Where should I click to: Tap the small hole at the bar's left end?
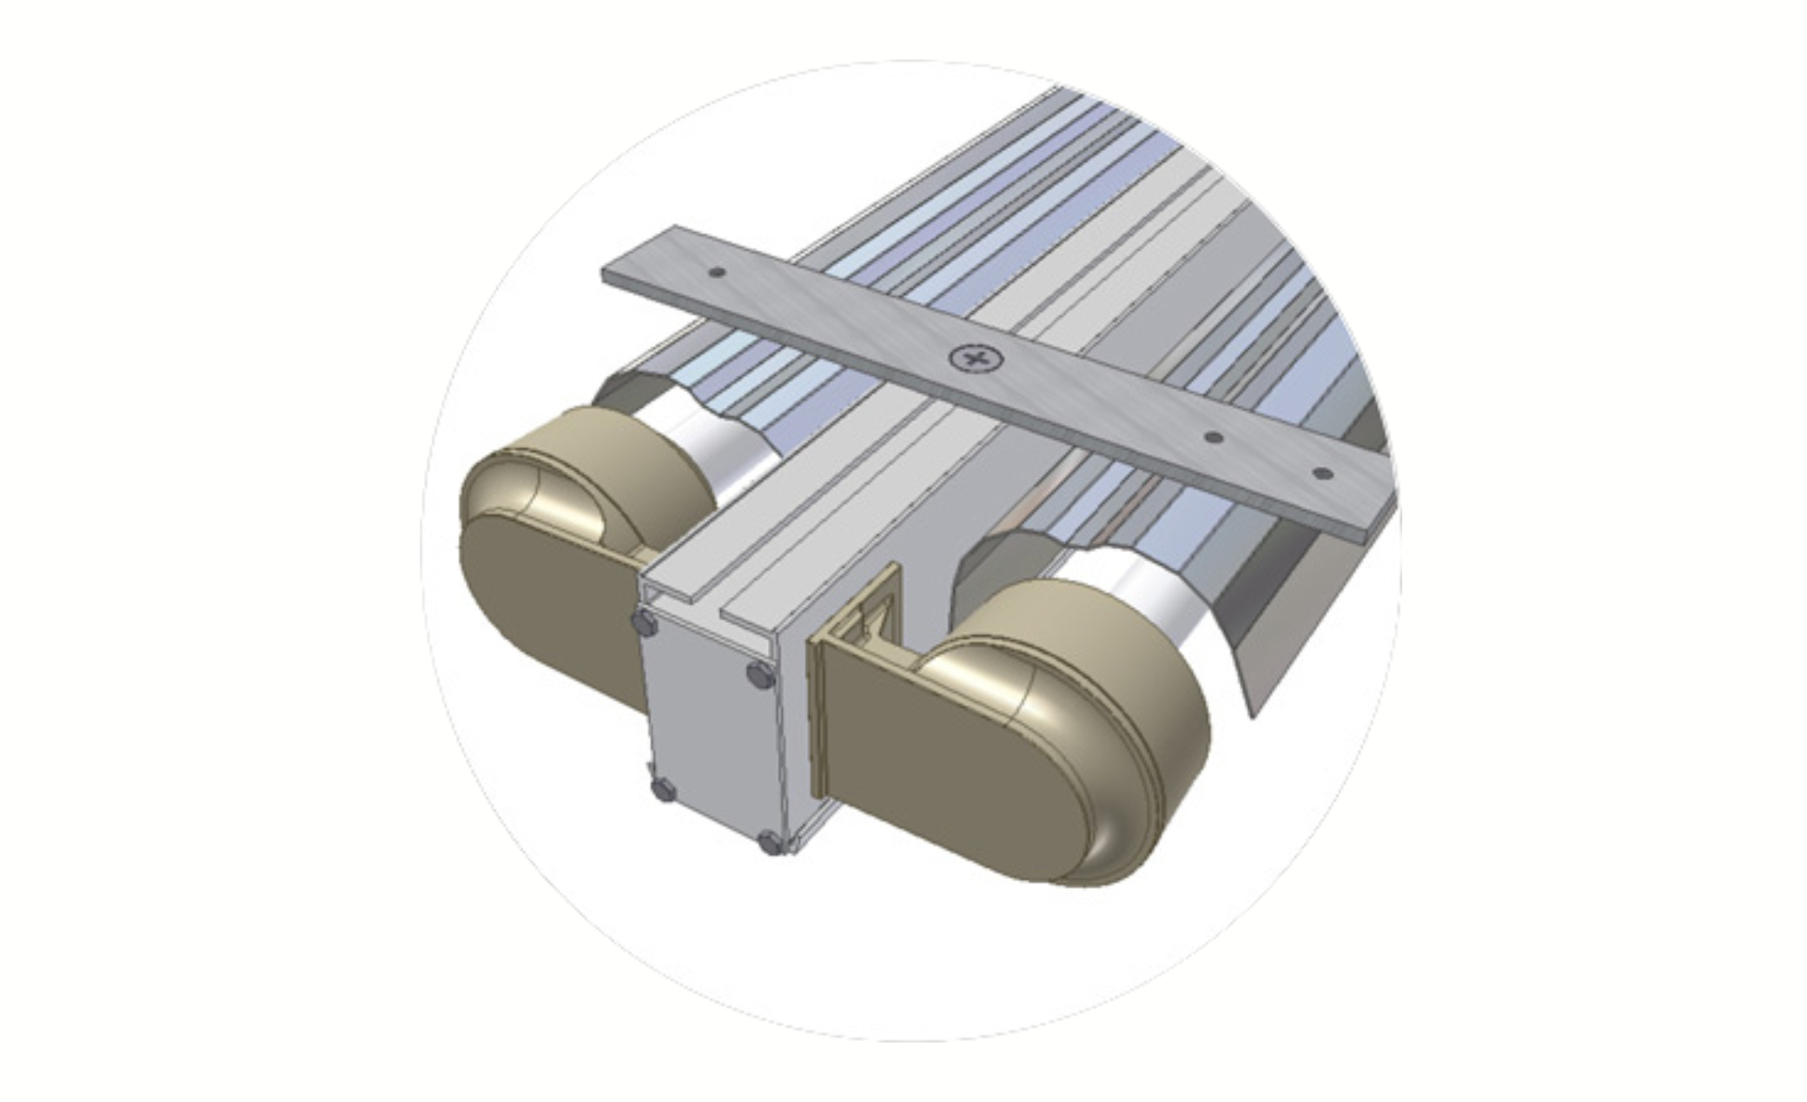(x=717, y=273)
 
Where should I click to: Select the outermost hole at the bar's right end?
(x=1322, y=475)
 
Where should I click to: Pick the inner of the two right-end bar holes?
(x=1214, y=437)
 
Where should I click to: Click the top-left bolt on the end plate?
(x=644, y=622)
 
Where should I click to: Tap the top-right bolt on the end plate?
(x=760, y=674)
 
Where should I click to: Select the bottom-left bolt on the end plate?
(x=663, y=789)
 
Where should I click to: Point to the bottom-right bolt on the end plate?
(x=770, y=840)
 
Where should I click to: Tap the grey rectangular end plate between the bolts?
(x=708, y=730)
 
